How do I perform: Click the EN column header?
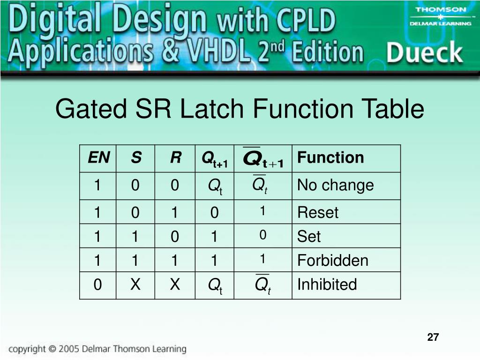point(98,158)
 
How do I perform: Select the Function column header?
point(330,157)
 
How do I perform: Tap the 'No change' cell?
point(335,185)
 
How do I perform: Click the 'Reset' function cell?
point(317,212)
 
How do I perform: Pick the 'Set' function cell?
point(309,236)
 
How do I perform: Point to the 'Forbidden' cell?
point(332,260)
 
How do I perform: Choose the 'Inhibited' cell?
point(327,284)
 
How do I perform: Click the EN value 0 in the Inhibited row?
point(97,285)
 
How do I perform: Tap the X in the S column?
point(135,284)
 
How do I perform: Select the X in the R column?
point(175,284)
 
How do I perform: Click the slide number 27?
point(433,337)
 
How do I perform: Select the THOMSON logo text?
point(441,10)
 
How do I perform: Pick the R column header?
point(175,158)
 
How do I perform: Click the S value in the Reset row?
point(135,213)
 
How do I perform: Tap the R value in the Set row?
point(175,237)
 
